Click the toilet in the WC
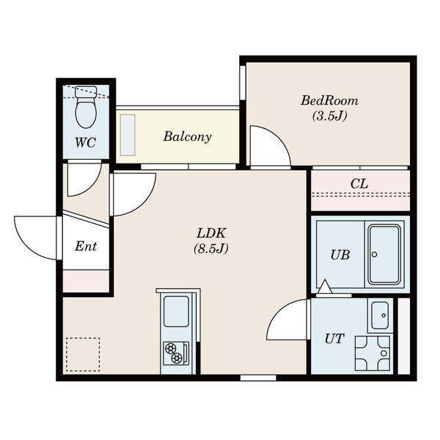click(x=87, y=107)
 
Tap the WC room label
click(x=86, y=142)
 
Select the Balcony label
click(x=187, y=137)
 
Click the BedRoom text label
click(x=330, y=100)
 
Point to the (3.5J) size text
click(x=330, y=116)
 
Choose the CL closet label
click(x=359, y=184)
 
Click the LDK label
click(x=211, y=233)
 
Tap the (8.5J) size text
click(x=211, y=249)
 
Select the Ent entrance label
click(x=86, y=246)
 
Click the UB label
click(x=340, y=255)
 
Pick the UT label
click(x=334, y=339)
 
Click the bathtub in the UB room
click(x=384, y=254)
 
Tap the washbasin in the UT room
click(x=380, y=315)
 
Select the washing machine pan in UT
click(x=373, y=353)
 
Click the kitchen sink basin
click(x=176, y=311)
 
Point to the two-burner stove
click(x=176, y=353)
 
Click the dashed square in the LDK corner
click(x=83, y=354)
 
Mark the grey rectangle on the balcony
click(x=128, y=135)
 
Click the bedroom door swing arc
click(x=276, y=140)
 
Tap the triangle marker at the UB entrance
click(x=325, y=287)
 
